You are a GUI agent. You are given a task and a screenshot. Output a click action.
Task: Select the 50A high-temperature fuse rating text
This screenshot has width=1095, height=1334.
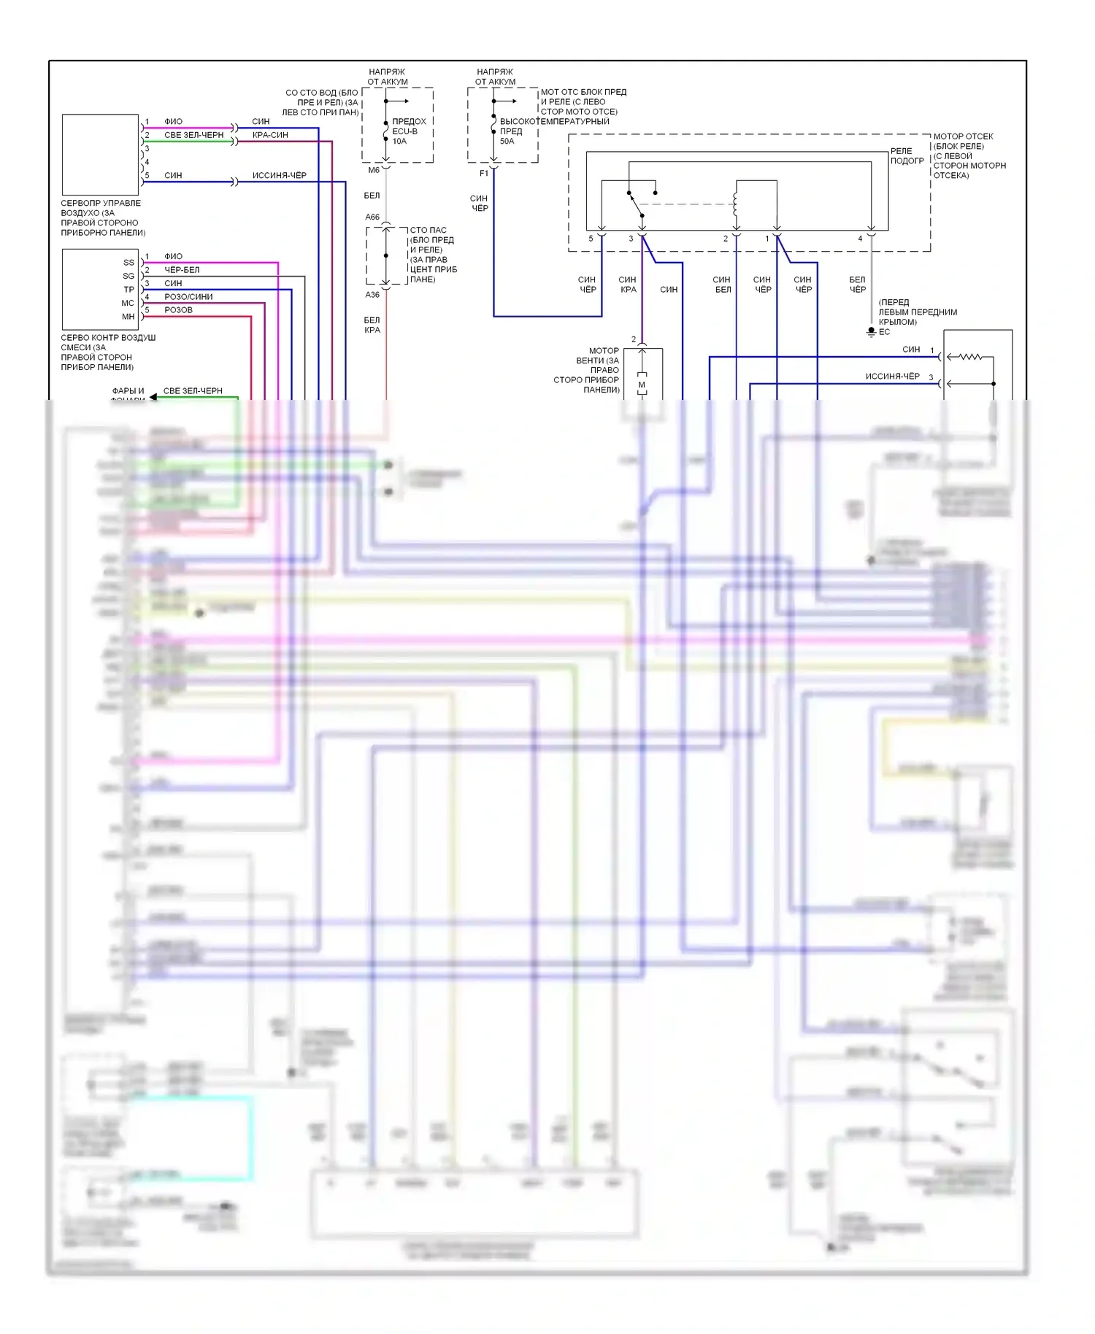507,142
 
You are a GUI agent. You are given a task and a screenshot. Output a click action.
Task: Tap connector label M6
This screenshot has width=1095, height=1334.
374,170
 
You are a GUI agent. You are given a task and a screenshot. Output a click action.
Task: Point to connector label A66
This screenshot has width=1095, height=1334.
372,217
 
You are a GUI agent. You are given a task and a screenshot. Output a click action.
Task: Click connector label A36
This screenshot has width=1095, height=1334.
372,295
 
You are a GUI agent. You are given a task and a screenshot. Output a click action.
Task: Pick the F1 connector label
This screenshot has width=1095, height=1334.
484,173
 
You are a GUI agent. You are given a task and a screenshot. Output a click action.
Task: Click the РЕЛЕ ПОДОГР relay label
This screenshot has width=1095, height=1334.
907,155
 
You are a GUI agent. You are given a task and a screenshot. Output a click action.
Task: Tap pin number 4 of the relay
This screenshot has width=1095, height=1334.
860,239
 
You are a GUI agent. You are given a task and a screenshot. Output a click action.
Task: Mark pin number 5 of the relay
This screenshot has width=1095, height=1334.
591,239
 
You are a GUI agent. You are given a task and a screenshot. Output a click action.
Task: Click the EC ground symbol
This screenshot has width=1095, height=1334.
871,331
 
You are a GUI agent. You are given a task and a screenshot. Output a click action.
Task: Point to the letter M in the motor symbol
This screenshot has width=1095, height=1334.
642,385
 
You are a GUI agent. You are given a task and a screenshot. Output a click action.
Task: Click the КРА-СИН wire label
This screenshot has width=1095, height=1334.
270,135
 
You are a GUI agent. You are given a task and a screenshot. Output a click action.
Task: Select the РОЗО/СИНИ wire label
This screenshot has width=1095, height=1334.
188,297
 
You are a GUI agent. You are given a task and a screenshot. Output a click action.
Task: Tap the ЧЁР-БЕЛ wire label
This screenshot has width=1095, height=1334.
182,270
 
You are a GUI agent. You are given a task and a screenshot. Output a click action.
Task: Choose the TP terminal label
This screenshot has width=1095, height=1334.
128,290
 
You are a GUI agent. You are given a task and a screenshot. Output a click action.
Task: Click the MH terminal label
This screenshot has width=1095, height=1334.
128,317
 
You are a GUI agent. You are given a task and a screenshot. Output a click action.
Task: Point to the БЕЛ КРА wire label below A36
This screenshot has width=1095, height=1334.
372,325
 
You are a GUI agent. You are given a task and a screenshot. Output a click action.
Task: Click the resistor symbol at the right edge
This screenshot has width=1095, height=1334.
970,357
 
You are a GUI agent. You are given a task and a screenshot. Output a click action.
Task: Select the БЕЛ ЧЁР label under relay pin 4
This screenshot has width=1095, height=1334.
857,285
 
